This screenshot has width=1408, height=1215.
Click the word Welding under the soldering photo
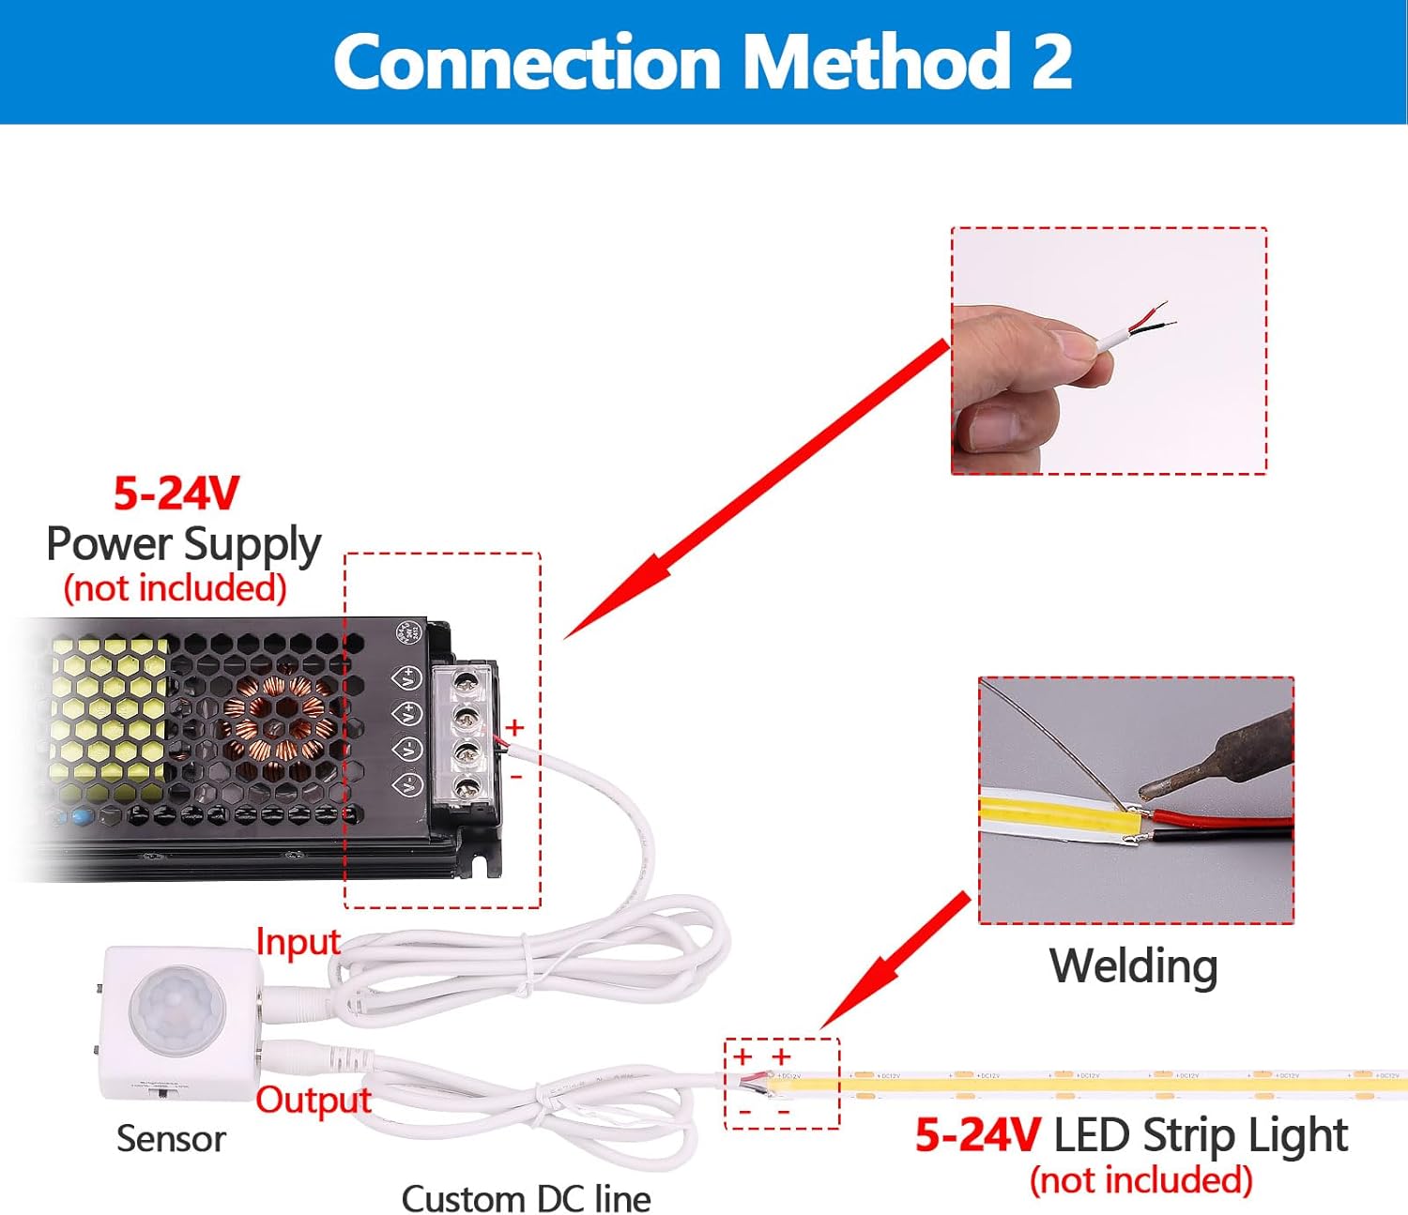[x=1133, y=965]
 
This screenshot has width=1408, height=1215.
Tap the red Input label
[x=298, y=942]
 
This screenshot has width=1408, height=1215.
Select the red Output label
[x=314, y=1100]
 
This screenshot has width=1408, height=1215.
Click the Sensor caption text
[x=171, y=1139]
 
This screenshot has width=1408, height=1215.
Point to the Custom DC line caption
[x=526, y=1198]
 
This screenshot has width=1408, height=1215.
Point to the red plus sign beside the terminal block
[x=514, y=727]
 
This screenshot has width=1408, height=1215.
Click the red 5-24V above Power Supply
[x=176, y=494]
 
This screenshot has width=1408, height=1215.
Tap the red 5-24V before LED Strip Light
[x=977, y=1134]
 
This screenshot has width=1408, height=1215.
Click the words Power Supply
[x=184, y=544]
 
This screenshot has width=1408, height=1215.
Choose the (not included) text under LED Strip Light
[x=1140, y=1179]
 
